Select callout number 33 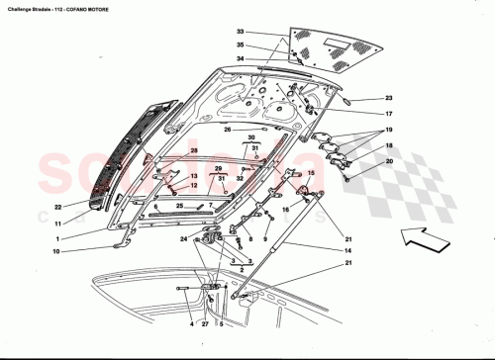pyautogui.click(x=240, y=33)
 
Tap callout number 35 pyautogui.click(x=240, y=45)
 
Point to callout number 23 pyautogui.click(x=389, y=98)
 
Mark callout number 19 pyautogui.click(x=389, y=131)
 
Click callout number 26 pyautogui.click(x=227, y=130)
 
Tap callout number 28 pyautogui.click(x=195, y=150)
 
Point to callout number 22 pyautogui.click(x=58, y=207)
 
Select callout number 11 pyautogui.click(x=58, y=225)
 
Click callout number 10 pyautogui.click(x=58, y=252)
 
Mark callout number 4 pyautogui.click(x=191, y=323)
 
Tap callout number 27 pyautogui.click(x=205, y=323)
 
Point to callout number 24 pyautogui.click(x=183, y=238)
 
